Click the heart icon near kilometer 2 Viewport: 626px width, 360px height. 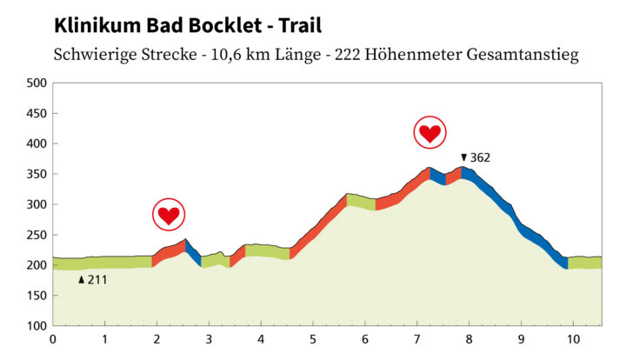pyautogui.click(x=168, y=214)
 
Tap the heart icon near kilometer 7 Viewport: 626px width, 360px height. pyautogui.click(x=429, y=133)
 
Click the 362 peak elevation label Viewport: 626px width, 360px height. pyautogui.click(x=480, y=158)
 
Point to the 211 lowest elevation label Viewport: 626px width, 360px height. pyautogui.click(x=97, y=280)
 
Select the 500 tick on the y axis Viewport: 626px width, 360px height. pyautogui.click(x=37, y=83)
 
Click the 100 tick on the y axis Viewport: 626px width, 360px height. pyautogui.click(x=37, y=326)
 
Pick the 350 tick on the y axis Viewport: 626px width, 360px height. pyautogui.click(x=37, y=174)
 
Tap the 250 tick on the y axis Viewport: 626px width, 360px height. pyautogui.click(x=37, y=235)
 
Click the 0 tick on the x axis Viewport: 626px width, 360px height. pyautogui.click(x=53, y=340)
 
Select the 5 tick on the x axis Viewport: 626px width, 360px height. pyautogui.click(x=313, y=340)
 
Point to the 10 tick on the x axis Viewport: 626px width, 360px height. pyautogui.click(x=572, y=340)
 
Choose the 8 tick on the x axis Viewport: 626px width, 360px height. pyautogui.click(x=469, y=340)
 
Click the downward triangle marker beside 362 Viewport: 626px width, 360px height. pyautogui.click(x=463, y=158)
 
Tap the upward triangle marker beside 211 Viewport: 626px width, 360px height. pyautogui.click(x=82, y=280)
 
